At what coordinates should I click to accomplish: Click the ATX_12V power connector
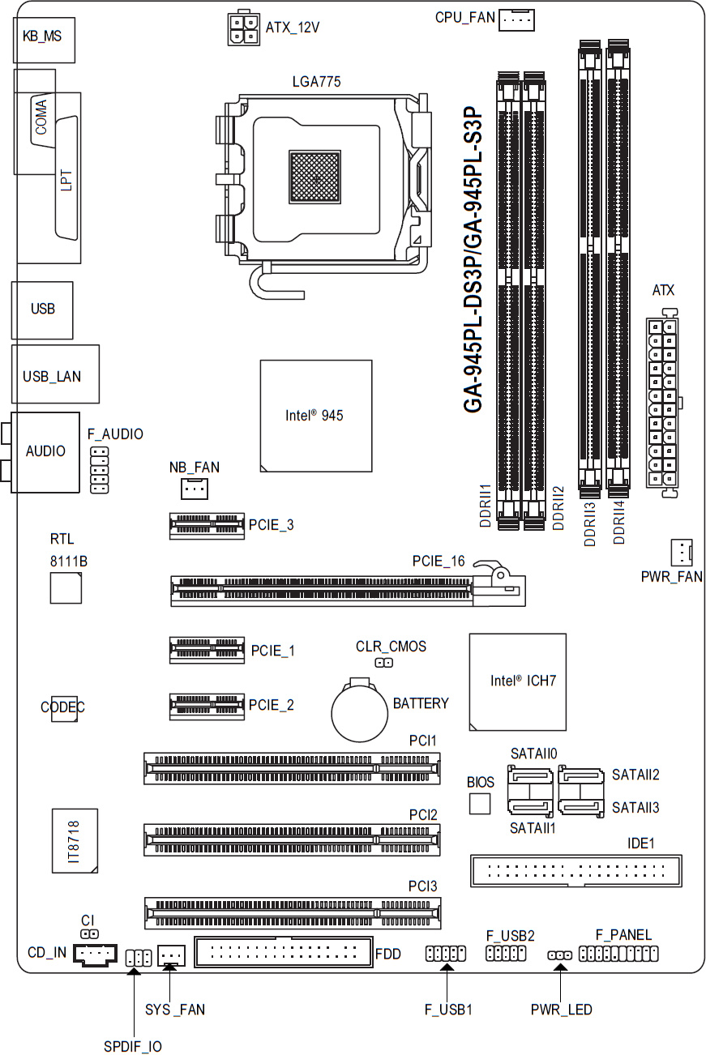[x=243, y=28]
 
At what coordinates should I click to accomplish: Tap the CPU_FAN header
[x=516, y=20]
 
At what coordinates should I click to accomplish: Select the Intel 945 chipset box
[x=316, y=416]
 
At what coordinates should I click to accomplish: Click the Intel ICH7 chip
[x=517, y=682]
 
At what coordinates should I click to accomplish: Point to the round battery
[x=359, y=711]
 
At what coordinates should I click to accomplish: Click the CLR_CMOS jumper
[x=383, y=663]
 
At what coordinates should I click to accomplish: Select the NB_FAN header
[x=195, y=489]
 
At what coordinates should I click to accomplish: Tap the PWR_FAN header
[x=681, y=552]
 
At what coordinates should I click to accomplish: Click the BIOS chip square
[x=480, y=804]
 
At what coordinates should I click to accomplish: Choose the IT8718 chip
[x=75, y=841]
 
